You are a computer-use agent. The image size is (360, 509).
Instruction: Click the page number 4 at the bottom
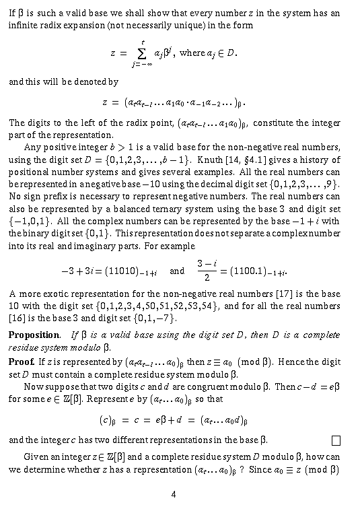point(174,494)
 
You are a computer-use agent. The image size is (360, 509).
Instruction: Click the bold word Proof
point(21,362)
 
